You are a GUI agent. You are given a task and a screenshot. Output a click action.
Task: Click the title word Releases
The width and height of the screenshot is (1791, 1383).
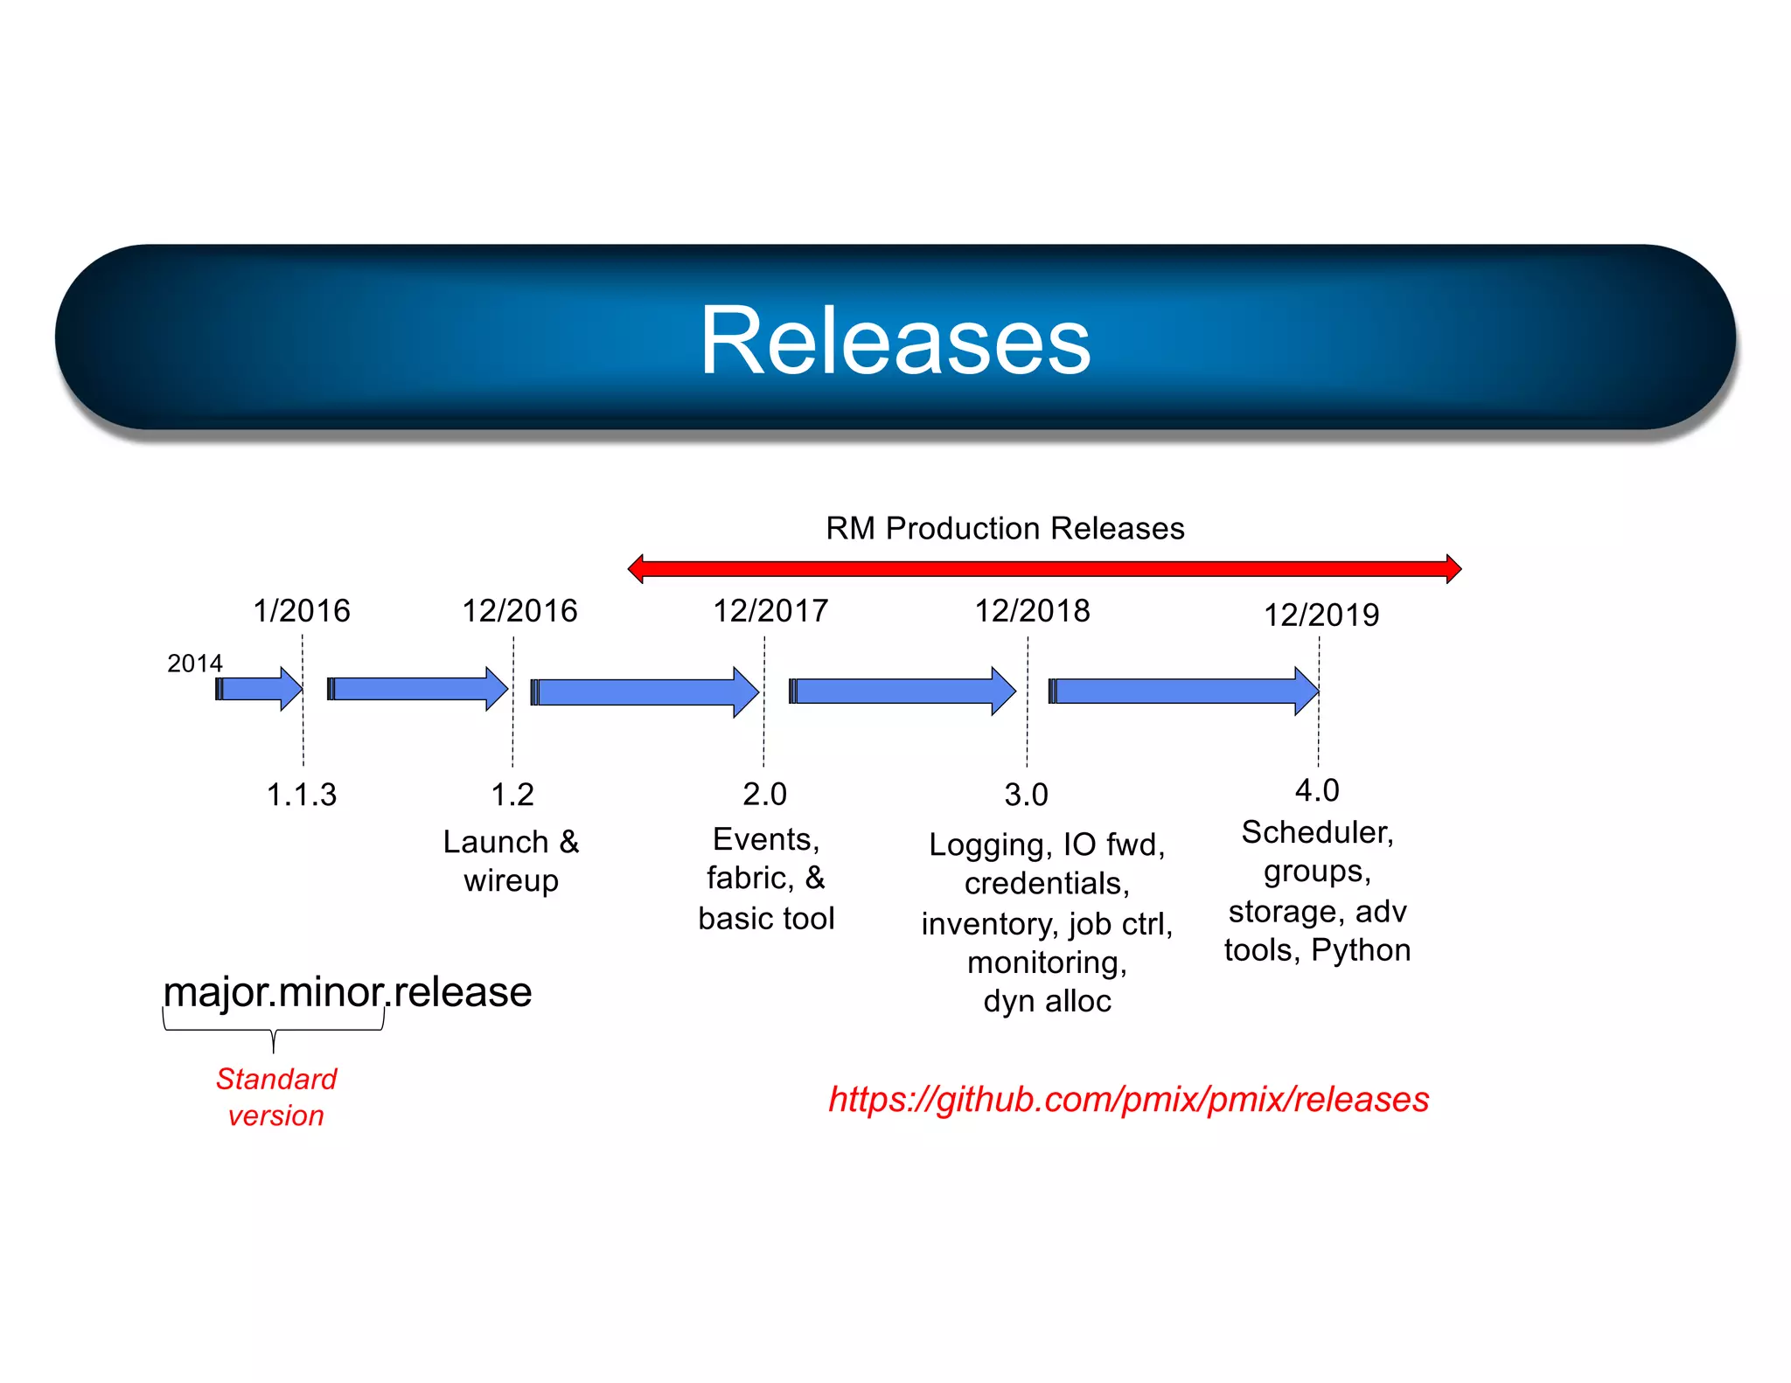[x=895, y=341]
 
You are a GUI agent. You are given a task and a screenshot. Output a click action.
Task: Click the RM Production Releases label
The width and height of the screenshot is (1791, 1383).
[x=1005, y=528]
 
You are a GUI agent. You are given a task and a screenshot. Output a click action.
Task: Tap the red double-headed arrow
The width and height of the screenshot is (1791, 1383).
[x=1044, y=569]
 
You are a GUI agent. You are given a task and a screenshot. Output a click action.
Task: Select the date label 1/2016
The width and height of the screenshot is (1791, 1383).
[x=301, y=610]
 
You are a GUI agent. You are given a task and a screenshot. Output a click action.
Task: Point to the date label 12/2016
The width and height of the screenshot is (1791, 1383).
[x=519, y=610]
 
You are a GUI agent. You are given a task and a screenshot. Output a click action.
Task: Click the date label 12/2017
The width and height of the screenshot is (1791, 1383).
[x=770, y=610]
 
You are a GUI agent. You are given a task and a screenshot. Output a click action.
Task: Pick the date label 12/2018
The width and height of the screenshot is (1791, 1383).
[x=1032, y=610]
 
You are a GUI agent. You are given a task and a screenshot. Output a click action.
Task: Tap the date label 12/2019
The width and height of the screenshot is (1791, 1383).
[x=1321, y=615]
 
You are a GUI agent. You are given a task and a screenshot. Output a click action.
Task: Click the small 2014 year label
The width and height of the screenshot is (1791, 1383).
[x=194, y=664]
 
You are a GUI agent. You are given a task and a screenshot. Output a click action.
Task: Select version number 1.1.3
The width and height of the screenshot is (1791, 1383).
[x=301, y=795]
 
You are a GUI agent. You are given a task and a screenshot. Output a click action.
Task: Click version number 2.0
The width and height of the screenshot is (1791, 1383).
[x=764, y=794]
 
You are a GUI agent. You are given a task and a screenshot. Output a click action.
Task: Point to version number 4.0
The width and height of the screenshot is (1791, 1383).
[x=1317, y=790]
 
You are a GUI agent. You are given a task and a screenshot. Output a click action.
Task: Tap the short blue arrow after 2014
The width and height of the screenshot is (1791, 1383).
[x=259, y=689]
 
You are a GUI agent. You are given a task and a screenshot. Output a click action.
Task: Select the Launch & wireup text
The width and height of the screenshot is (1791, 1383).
[x=511, y=860]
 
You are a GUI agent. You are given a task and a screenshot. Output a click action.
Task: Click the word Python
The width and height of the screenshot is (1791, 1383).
[x=1361, y=949]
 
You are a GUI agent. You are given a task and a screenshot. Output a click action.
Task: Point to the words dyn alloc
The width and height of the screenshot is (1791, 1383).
[x=1047, y=1001]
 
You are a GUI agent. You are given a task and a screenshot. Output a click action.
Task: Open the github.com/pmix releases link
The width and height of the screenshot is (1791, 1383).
[x=1128, y=1099]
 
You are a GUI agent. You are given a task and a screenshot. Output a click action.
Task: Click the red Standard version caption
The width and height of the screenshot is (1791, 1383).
[x=276, y=1097]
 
